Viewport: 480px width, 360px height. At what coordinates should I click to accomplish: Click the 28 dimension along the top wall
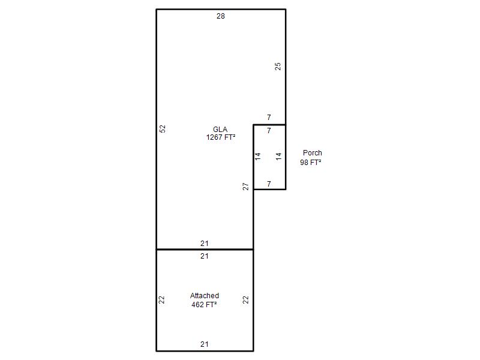coord(220,16)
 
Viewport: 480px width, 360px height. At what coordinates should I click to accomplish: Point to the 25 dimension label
coord(278,67)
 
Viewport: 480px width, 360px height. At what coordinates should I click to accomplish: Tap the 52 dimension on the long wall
coord(163,128)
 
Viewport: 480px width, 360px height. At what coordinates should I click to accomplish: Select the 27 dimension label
coord(245,187)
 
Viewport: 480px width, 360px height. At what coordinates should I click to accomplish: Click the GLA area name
coord(220,129)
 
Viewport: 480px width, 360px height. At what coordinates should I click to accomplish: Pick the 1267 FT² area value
coord(221,137)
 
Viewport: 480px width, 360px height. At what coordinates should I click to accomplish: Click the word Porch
coord(312,153)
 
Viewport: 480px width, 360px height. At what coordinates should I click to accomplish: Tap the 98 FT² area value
coord(310,162)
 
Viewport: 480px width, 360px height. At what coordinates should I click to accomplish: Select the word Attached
coord(205,296)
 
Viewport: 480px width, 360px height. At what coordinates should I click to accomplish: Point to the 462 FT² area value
coord(204,305)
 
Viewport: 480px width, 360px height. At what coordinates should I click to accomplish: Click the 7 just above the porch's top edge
coord(269,117)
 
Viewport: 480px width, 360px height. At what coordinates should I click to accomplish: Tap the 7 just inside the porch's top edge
coord(269,131)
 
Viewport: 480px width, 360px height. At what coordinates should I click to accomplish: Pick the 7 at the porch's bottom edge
coord(269,184)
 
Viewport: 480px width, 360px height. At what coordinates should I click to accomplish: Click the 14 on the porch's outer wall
coord(278,157)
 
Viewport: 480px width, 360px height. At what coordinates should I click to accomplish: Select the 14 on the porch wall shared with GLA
coord(258,157)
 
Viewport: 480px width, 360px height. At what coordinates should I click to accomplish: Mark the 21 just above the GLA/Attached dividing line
coord(205,244)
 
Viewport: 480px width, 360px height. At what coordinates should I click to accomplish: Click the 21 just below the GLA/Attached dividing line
coord(205,256)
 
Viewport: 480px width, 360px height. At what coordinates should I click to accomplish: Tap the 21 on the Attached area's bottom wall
coord(205,344)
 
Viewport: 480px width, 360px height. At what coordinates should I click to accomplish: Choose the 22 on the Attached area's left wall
coord(161,299)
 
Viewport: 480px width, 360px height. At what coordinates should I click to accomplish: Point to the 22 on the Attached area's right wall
coord(245,299)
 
